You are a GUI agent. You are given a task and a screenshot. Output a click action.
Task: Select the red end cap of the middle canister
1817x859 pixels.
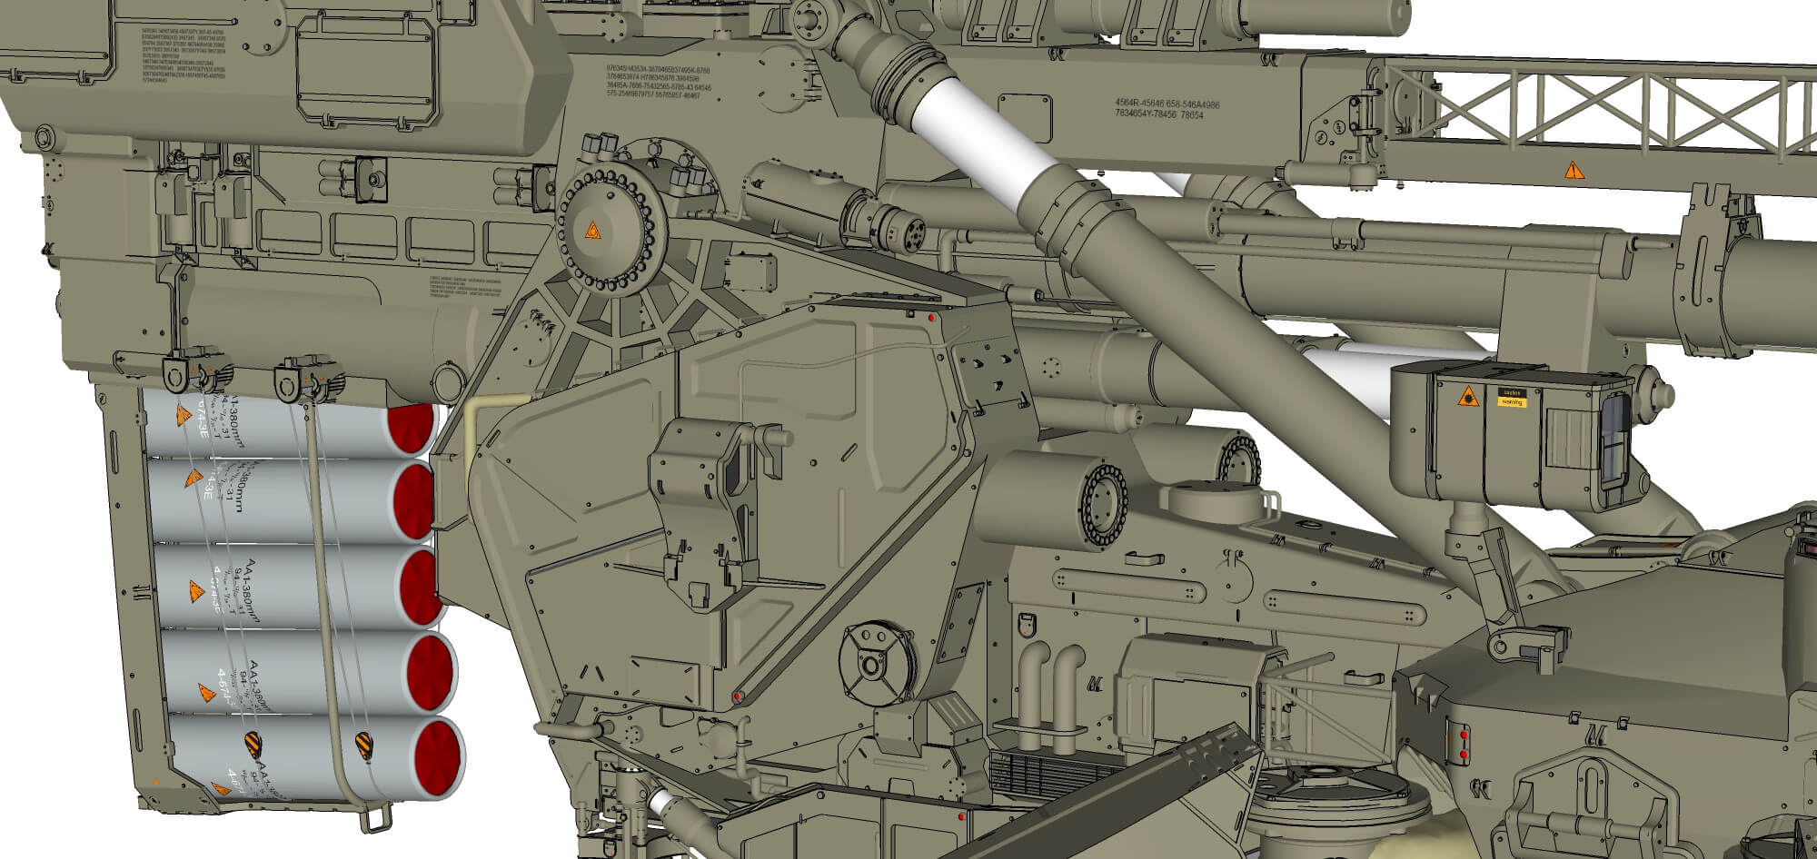coord(421,586)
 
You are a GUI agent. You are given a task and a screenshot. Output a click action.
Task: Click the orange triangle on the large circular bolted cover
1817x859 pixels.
coord(591,231)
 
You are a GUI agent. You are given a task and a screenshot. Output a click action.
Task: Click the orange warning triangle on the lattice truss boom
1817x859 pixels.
coord(1571,170)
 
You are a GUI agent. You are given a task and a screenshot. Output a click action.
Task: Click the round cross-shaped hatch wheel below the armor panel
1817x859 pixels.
coord(870,666)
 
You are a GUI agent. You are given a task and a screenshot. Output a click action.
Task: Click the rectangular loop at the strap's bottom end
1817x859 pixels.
coord(372,820)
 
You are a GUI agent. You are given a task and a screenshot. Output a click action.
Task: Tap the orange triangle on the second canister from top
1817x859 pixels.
coord(194,477)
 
